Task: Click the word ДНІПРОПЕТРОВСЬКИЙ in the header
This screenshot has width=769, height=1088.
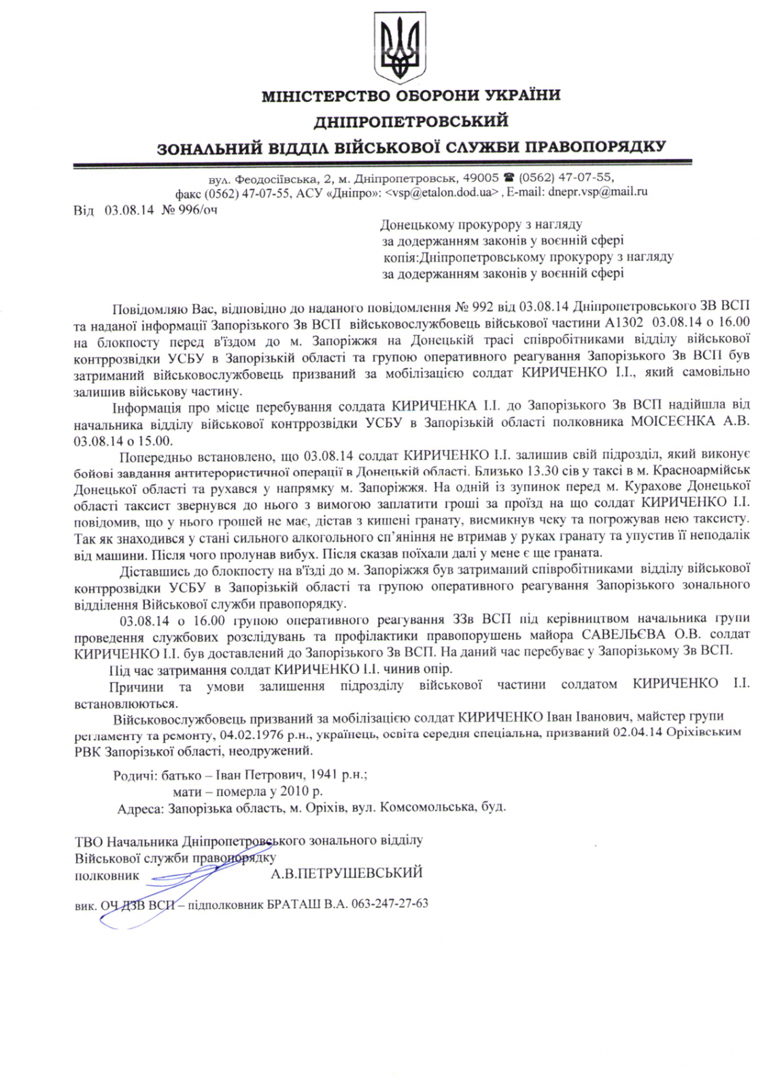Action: [x=411, y=121]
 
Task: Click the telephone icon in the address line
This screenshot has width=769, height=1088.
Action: [x=509, y=177]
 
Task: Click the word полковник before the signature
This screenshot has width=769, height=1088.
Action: [x=107, y=875]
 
